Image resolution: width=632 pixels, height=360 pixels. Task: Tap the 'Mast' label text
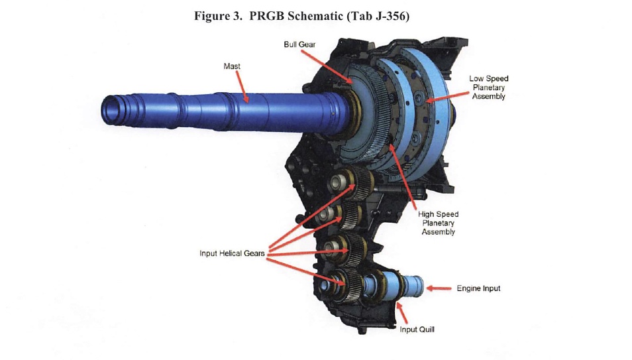coord(232,66)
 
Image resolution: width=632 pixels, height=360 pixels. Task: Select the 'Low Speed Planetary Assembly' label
coord(488,88)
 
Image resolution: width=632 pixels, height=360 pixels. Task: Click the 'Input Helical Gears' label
coord(231,253)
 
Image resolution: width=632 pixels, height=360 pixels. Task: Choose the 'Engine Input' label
coord(478,288)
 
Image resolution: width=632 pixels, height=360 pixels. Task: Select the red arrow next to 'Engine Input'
coord(439,288)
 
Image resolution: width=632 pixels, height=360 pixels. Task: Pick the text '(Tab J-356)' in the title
coord(378,16)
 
